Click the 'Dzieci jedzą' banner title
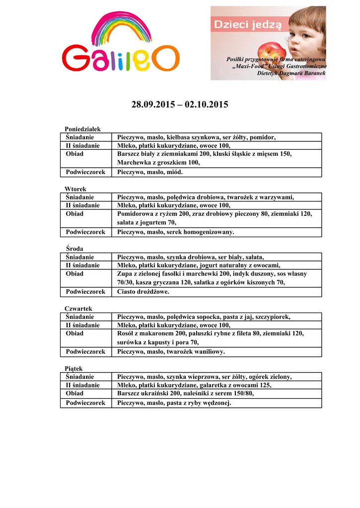point(247,23)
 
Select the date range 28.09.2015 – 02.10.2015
point(180,105)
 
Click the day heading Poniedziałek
point(82,129)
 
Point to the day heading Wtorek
point(75,189)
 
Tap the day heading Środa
point(74,249)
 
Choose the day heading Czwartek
point(78,309)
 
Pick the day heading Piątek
point(74,369)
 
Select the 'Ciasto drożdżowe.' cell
point(143,292)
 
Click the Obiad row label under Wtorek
point(74,214)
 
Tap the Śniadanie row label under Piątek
point(80,377)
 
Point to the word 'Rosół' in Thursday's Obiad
point(127,333)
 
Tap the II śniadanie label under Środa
point(83,265)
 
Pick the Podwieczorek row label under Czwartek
point(86,351)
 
